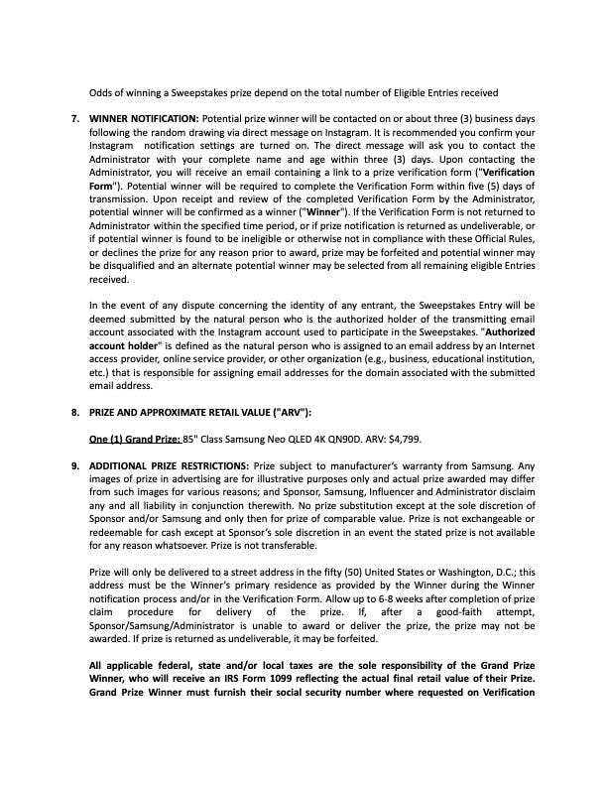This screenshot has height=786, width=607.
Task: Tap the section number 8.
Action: click(x=75, y=411)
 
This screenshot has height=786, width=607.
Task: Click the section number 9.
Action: click(x=75, y=464)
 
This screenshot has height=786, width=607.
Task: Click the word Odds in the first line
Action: click(x=102, y=92)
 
